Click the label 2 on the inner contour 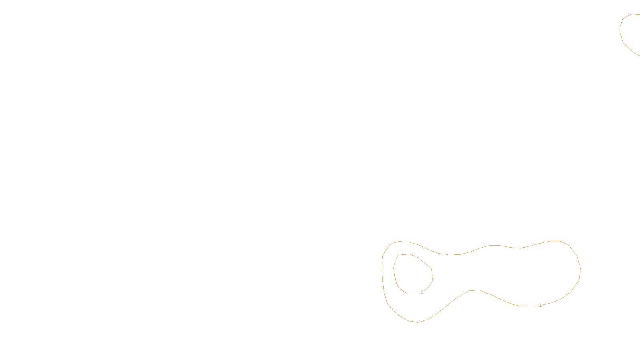(x=422, y=292)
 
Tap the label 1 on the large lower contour (x=540, y=305)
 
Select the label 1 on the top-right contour (x=619, y=30)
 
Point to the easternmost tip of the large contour (x=580, y=269)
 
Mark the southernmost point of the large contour (x=418, y=322)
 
